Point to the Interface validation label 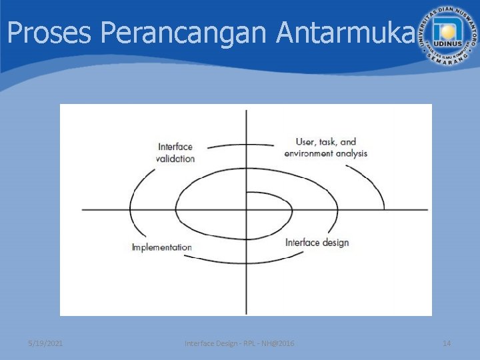point(176,153)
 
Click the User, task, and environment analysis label point(325,147)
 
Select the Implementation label point(162,247)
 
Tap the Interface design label point(317,242)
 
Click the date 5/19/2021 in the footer point(46,343)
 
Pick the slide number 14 point(447,343)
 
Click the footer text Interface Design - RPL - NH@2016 point(239,343)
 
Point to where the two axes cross point(247,210)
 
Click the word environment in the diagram point(311,153)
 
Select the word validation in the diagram point(175,159)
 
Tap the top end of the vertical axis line point(247,110)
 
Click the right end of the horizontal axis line point(427,210)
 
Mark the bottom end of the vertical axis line point(247,314)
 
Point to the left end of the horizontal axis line point(83,210)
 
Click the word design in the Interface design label point(335,242)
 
